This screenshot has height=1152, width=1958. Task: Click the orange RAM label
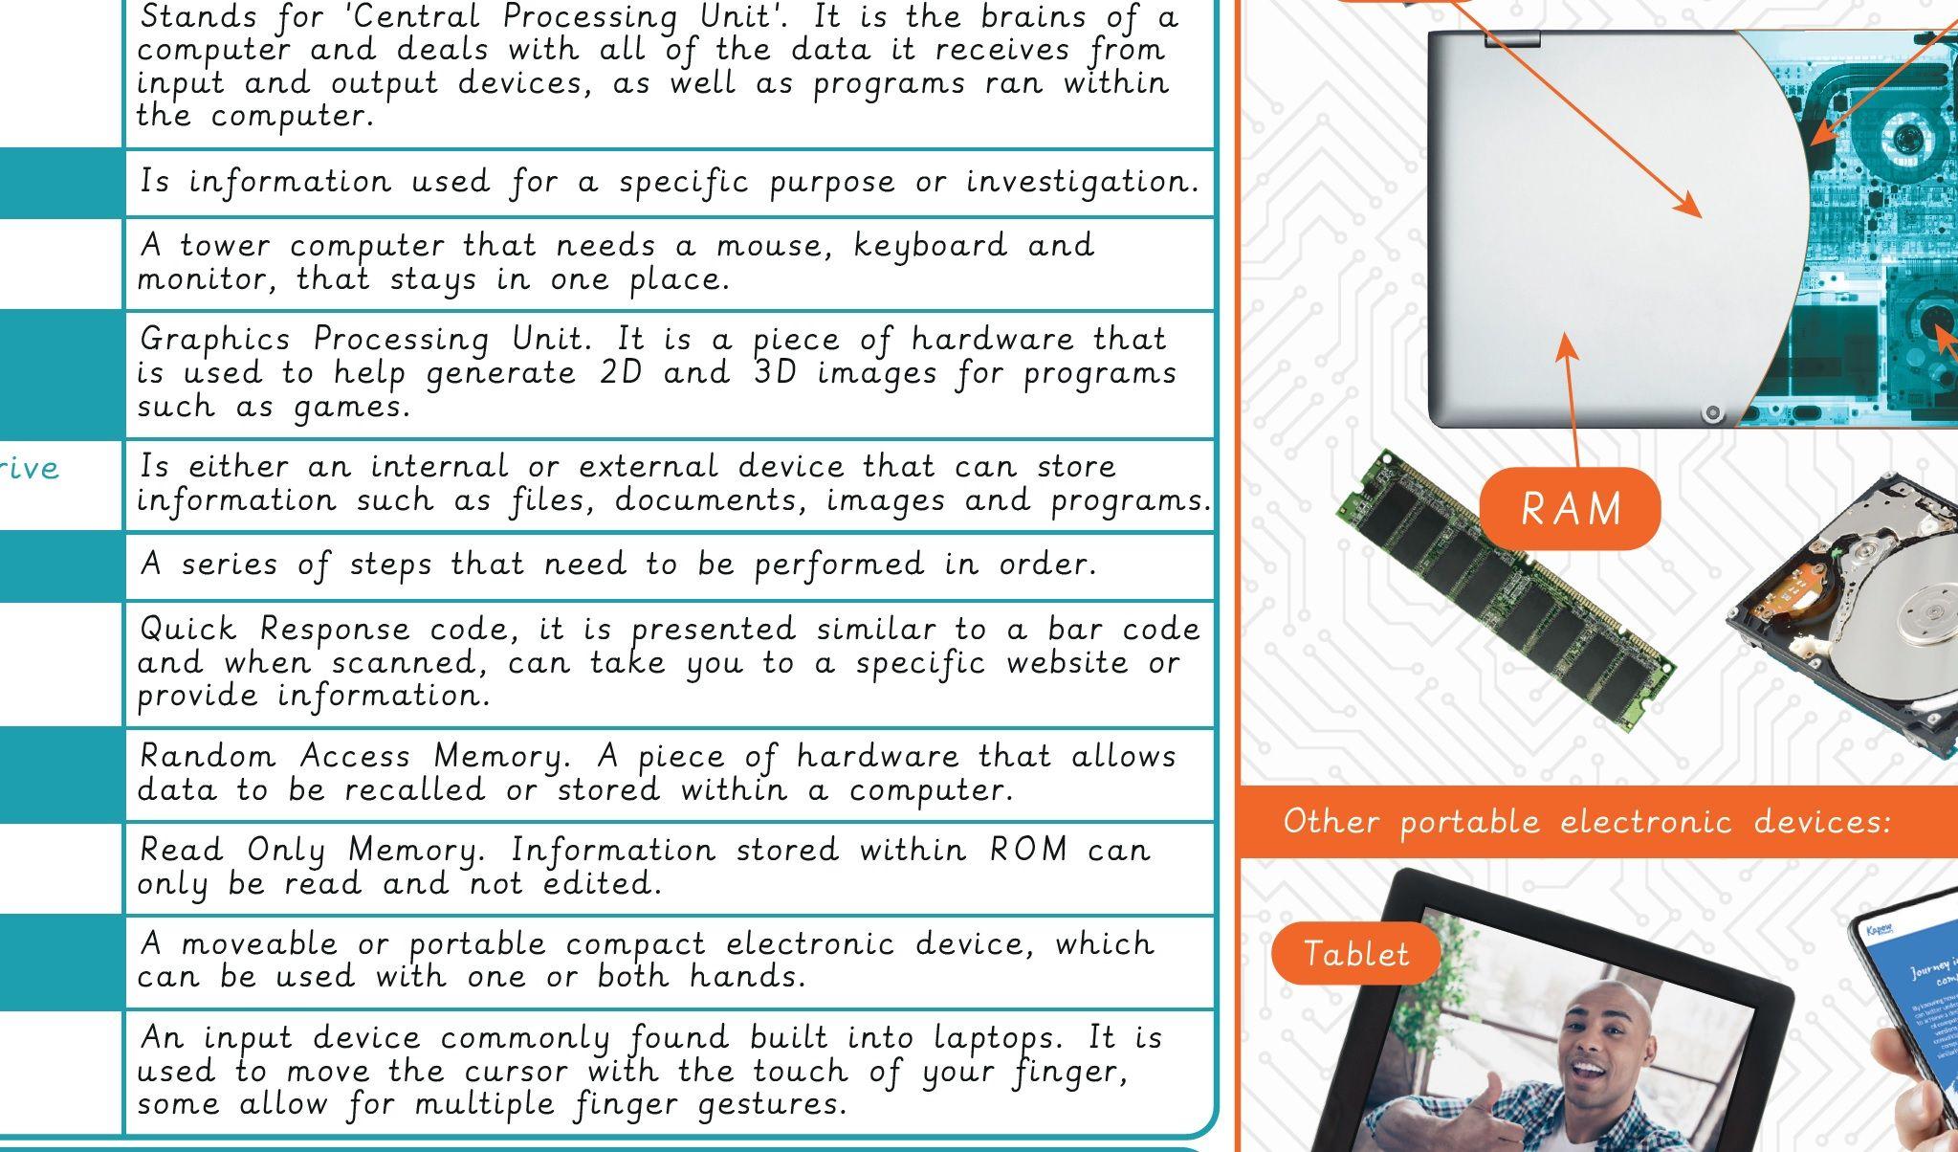click(x=1570, y=508)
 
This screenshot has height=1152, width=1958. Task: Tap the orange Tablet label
click(x=1355, y=954)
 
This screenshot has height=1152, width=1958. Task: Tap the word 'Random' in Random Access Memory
click(x=208, y=757)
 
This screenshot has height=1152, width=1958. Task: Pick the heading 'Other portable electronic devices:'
click(x=1587, y=822)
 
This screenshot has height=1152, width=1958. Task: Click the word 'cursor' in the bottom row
click(x=517, y=1072)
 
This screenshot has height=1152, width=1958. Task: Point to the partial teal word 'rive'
click(x=29, y=468)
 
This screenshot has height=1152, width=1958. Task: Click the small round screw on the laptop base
click(x=1712, y=413)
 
